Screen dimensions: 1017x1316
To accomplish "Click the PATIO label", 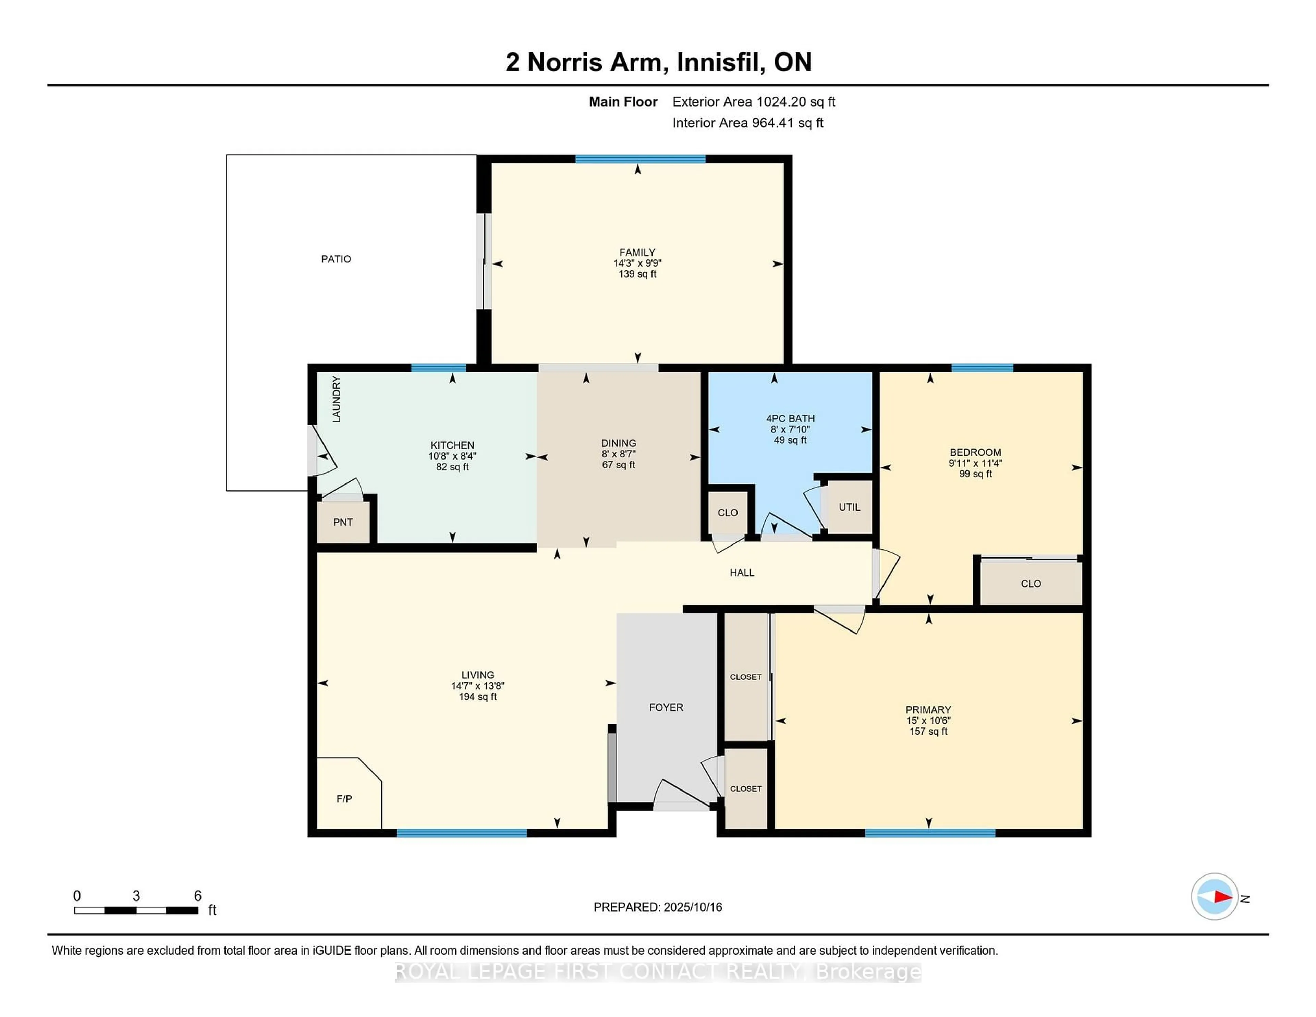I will [x=336, y=259].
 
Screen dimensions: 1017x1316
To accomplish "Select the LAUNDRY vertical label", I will [x=336, y=399].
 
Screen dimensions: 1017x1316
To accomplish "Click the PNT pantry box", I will [x=343, y=522].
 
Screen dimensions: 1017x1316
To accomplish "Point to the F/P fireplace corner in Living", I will [x=345, y=796].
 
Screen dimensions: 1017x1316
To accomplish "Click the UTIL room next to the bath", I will [x=849, y=507].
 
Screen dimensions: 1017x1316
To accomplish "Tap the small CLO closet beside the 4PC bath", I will [x=727, y=513].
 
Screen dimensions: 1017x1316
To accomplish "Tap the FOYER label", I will [x=666, y=707].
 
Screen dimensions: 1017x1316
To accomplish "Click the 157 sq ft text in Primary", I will [x=928, y=732].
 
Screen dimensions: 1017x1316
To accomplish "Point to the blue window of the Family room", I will [x=640, y=159].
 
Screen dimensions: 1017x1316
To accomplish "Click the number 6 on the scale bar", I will [x=198, y=896].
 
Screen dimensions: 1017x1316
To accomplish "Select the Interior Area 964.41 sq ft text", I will [x=747, y=123].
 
